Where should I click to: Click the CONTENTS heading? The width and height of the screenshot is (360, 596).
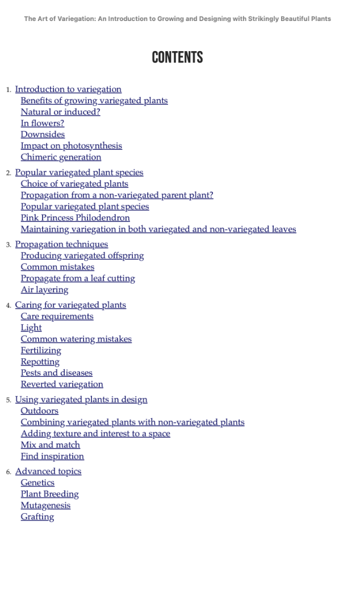177,57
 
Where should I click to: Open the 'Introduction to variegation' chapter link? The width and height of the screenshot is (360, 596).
68,89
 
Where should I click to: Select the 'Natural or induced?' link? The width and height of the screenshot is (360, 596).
60,112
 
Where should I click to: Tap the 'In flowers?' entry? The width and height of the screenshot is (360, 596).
43,123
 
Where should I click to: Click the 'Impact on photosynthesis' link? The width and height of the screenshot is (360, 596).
71,146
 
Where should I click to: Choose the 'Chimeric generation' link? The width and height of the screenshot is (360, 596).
61,157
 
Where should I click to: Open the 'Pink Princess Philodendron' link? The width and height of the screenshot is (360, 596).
75,218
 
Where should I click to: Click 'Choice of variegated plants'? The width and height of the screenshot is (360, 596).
74,184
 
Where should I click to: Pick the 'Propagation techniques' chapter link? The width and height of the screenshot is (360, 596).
61,244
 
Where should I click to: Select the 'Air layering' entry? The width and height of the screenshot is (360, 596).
44,289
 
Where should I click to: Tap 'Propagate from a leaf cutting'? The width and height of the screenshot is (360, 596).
78,278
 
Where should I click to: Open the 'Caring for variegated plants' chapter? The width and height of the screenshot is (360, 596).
70,305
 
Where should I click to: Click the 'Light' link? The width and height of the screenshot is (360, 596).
31,328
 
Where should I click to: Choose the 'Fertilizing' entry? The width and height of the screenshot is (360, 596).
41,350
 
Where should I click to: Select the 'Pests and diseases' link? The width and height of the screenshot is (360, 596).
56,373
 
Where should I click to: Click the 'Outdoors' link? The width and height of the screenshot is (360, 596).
39,411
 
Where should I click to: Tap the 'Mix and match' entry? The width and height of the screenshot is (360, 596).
51,445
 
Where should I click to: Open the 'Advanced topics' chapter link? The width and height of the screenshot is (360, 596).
48,471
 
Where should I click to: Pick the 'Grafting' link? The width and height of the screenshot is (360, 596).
37,517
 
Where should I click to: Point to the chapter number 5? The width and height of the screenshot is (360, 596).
9,400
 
